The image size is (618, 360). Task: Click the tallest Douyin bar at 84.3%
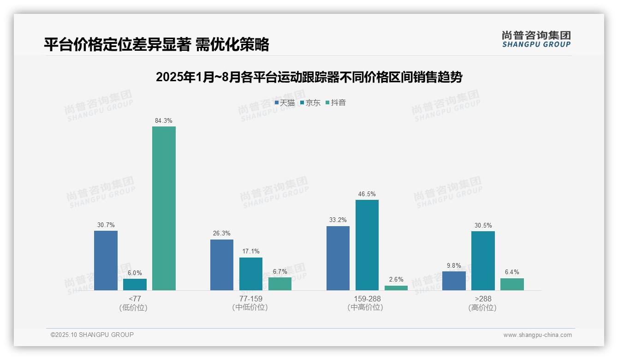(164, 208)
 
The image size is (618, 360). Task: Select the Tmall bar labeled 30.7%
(106, 260)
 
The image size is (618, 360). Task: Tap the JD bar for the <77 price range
(135, 284)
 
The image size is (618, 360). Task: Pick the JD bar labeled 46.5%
(367, 245)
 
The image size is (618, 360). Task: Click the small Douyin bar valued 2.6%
(396, 288)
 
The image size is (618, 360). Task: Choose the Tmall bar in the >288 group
(454, 281)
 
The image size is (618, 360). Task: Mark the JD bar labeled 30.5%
(483, 261)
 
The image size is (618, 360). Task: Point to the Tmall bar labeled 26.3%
(222, 265)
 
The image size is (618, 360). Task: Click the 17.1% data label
(251, 252)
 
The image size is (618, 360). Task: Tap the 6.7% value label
(280, 271)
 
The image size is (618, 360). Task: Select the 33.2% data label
(338, 220)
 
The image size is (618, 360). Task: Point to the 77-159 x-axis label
(250, 299)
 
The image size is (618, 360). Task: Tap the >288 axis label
(482, 299)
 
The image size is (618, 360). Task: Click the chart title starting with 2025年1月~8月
(309, 77)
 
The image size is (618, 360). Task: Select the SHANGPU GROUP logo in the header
(536, 39)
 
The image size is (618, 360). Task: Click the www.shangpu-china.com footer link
(537, 335)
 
